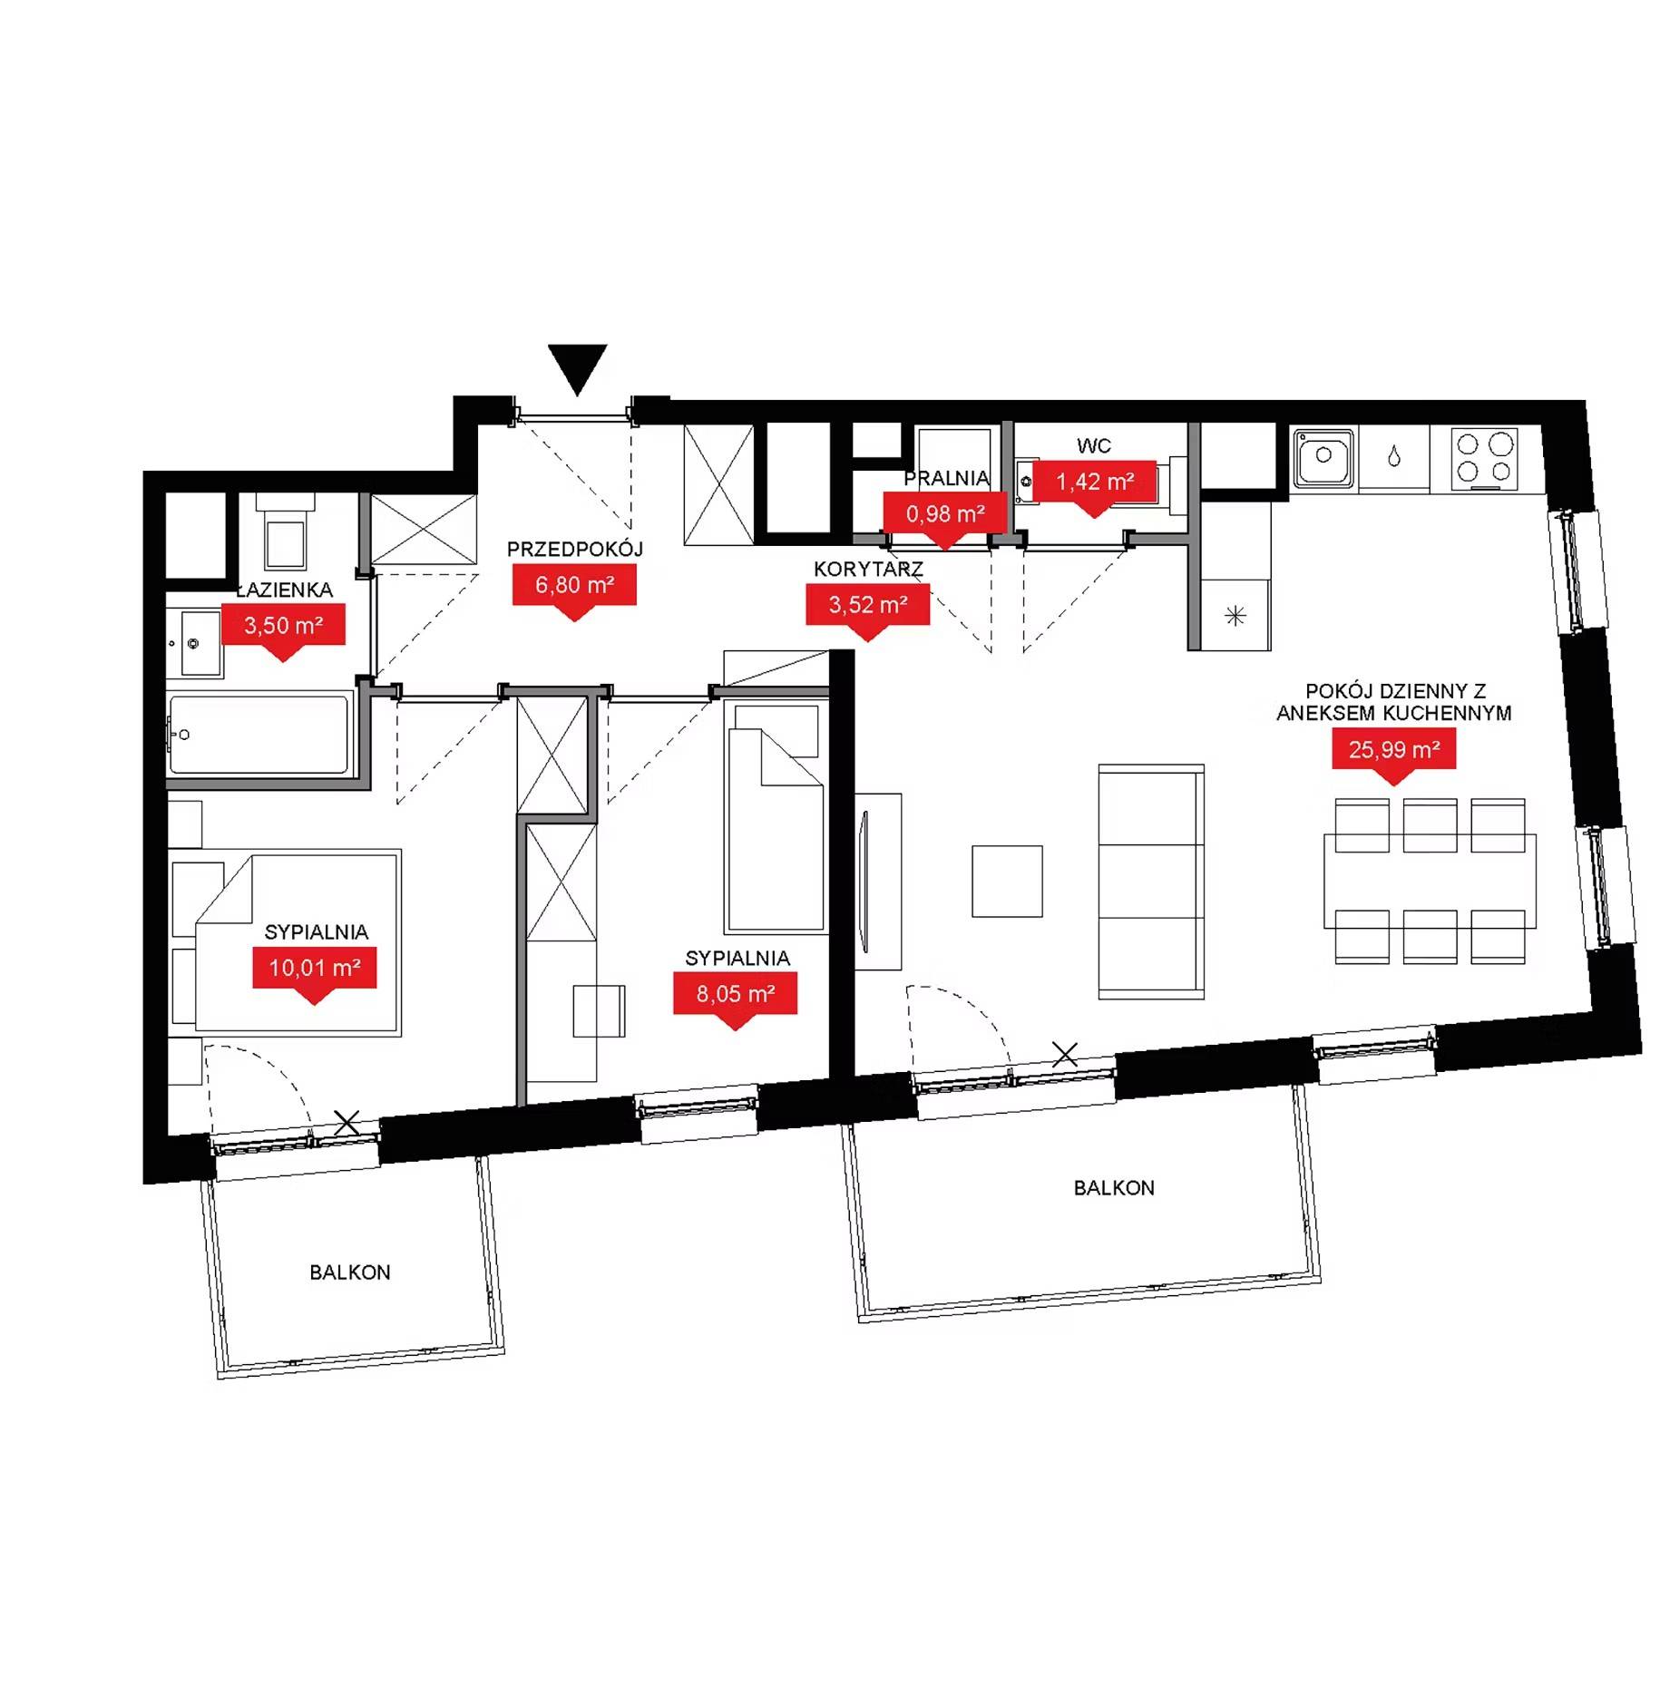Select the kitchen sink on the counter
coord(1323,458)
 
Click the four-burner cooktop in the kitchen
coord(1485,459)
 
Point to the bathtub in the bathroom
coord(259,735)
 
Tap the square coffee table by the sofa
coord(1007,882)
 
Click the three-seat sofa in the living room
coord(1151,882)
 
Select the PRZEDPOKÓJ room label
coord(574,549)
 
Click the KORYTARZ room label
coord(868,570)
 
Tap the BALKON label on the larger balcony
coord(1114,1188)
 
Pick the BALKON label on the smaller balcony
coord(350,1272)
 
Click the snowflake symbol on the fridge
coord(1235,617)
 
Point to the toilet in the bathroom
coord(285,533)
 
